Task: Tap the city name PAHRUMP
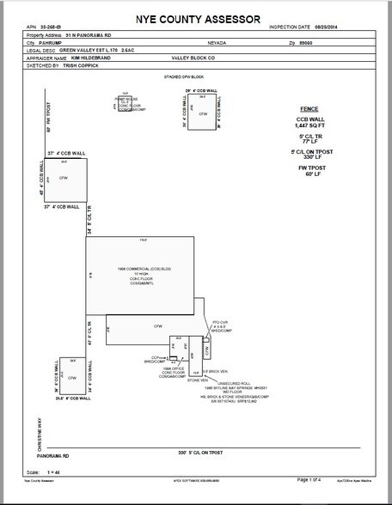tap(54, 41)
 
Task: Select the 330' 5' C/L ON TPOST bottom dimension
tap(211, 450)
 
